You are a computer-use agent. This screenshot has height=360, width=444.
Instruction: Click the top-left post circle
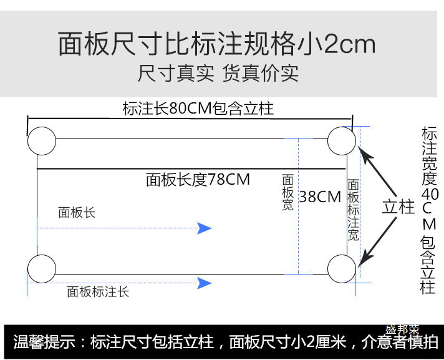pyautogui.click(x=42, y=140)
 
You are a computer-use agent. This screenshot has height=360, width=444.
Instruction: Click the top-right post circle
pyautogui.click(x=342, y=140)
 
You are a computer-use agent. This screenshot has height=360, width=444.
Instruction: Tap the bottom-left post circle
pyautogui.click(x=42, y=269)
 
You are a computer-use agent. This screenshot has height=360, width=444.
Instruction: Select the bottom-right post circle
pyautogui.click(x=342, y=269)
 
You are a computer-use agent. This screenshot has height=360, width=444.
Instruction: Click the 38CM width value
pyautogui.click(x=320, y=197)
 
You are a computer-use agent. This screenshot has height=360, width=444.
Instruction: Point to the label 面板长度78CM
pyautogui.click(x=198, y=180)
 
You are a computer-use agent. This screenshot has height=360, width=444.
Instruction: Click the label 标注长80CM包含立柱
pyautogui.click(x=198, y=109)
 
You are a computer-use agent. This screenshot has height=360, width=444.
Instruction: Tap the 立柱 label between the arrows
pyautogui.click(x=398, y=207)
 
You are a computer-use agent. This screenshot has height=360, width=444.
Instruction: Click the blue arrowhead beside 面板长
pyautogui.click(x=205, y=228)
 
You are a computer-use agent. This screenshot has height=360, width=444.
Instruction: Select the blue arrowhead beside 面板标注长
pyautogui.click(x=205, y=283)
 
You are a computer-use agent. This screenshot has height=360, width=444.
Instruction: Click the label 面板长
pyautogui.click(x=77, y=213)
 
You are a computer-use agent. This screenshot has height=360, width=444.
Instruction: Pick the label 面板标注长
pyautogui.click(x=98, y=291)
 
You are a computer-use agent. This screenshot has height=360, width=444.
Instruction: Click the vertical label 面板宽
pyautogui.click(x=287, y=192)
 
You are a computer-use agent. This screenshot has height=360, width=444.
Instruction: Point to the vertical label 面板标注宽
pyautogui.click(x=353, y=210)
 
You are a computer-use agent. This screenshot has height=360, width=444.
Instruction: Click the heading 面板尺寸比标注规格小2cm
pyautogui.click(x=217, y=44)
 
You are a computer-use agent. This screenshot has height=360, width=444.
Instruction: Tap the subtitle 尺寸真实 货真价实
pyautogui.click(x=218, y=74)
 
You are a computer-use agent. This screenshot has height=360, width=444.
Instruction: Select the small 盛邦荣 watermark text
pyautogui.click(x=402, y=329)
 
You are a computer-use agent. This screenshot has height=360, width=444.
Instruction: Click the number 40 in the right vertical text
pyautogui.click(x=430, y=194)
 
